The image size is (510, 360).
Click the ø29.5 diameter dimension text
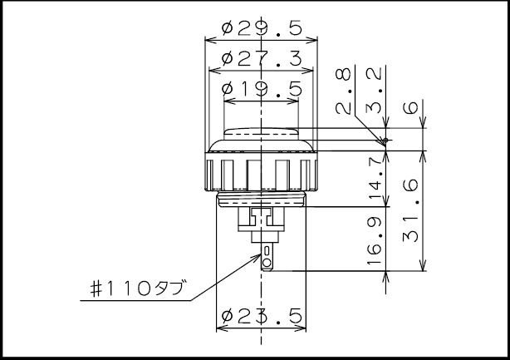[262, 27]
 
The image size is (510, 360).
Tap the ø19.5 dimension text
[262, 89]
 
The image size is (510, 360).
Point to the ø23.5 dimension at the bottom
[262, 315]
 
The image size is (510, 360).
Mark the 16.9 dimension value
[375, 240]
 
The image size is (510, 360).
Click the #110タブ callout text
[137, 292]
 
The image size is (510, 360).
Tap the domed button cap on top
[262, 136]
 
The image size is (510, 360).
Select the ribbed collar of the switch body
[262, 173]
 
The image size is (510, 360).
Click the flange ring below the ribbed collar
[262, 199]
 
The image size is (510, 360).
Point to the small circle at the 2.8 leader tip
[384, 141]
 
